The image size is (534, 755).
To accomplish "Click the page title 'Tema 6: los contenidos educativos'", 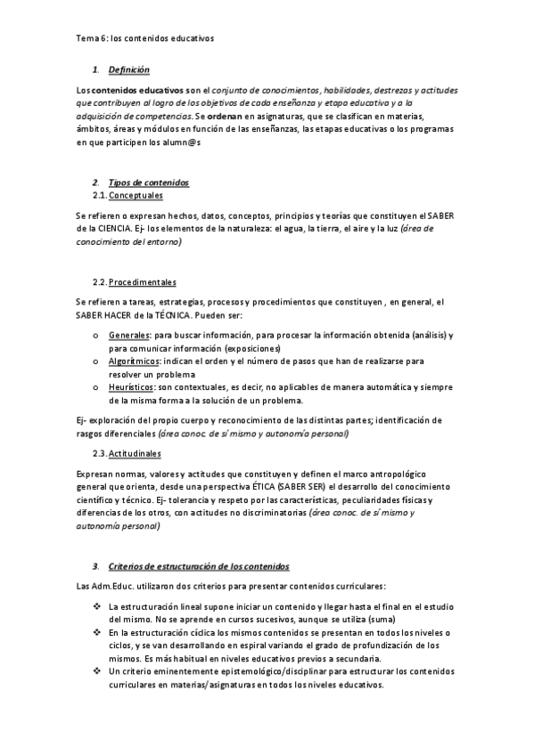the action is pyautogui.click(x=145, y=39).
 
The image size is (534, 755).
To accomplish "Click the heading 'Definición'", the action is pyautogui.click(x=128, y=69).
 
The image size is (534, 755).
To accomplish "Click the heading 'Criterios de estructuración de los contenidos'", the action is pyautogui.click(x=198, y=566).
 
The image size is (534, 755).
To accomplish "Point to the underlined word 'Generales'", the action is pyautogui.click(x=128, y=335).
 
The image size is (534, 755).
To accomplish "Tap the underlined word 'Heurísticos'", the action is pyautogui.click(x=131, y=387).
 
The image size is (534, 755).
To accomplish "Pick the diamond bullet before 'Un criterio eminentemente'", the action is pyautogui.click(x=97, y=671).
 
